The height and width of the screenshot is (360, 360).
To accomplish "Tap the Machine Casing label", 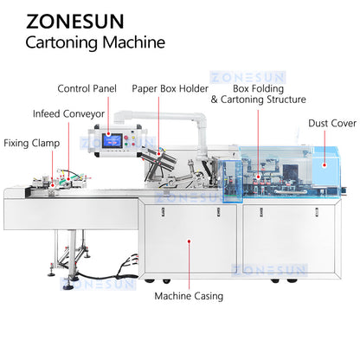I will [189, 296].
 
